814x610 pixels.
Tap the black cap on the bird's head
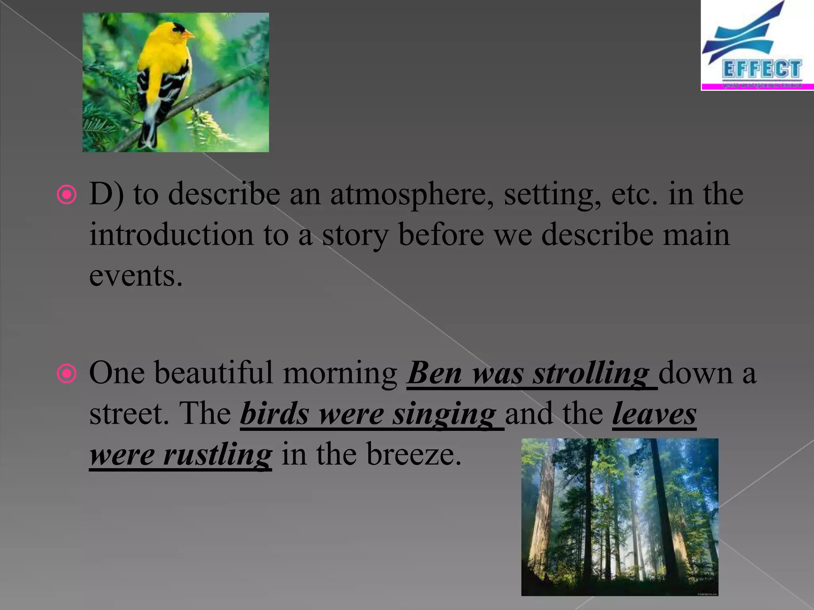[177, 27]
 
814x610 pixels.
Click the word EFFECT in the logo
[761, 69]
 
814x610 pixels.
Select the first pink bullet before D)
[66, 195]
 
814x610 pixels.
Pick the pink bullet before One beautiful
[66, 374]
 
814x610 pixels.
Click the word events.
[136, 276]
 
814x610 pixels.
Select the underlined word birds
[274, 415]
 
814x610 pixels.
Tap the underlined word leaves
[654, 415]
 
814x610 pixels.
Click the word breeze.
[413, 455]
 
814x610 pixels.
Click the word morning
[339, 374]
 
